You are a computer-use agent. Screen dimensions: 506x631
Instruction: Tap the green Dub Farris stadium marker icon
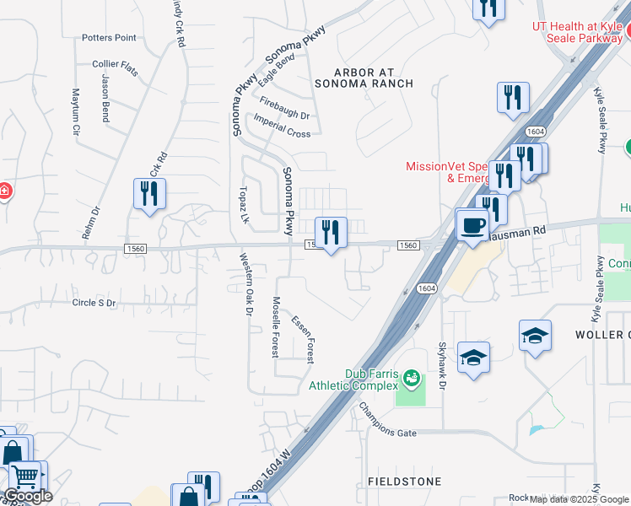pyautogui.click(x=412, y=377)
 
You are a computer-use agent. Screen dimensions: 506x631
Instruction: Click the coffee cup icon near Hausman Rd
pyautogui.click(x=472, y=224)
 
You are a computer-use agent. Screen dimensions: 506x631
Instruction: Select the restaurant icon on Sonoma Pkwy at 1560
pyautogui.click(x=331, y=232)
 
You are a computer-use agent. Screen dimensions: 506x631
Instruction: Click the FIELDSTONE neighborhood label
pyautogui.click(x=404, y=482)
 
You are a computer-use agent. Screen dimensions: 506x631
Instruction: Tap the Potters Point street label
pyautogui.click(x=109, y=38)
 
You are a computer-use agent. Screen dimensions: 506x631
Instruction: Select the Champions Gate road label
pyautogui.click(x=387, y=419)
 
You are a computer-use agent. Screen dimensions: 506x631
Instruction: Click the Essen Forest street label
pyautogui.click(x=303, y=339)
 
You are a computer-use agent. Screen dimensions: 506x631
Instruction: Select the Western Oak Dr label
pyautogui.click(x=245, y=284)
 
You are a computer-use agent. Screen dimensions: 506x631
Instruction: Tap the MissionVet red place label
pyautogui.click(x=445, y=172)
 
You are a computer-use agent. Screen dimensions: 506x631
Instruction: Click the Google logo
pyautogui.click(x=28, y=496)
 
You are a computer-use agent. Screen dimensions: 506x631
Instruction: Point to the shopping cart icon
pyautogui.click(x=25, y=476)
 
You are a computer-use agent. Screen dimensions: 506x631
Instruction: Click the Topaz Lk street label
pyautogui.click(x=245, y=205)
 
